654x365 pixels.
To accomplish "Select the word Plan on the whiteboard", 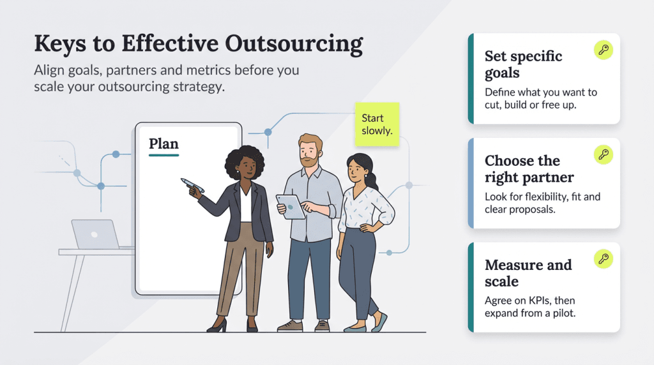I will click(163, 144).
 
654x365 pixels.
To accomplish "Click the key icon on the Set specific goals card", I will click(603, 50).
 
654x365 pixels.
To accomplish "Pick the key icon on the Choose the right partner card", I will click(603, 154).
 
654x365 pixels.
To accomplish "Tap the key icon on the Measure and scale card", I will click(603, 258).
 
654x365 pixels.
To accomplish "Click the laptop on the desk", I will click(95, 234).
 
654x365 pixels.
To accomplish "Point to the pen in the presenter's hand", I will click(192, 186).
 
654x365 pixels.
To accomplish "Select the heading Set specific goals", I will click(523, 64).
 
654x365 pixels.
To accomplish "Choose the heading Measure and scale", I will click(528, 273).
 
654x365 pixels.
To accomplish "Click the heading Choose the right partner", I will click(529, 168).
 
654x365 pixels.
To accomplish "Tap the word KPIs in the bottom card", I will click(542, 301).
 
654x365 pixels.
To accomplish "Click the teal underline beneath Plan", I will click(163, 155).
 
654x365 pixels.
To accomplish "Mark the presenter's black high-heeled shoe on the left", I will click(217, 325).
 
